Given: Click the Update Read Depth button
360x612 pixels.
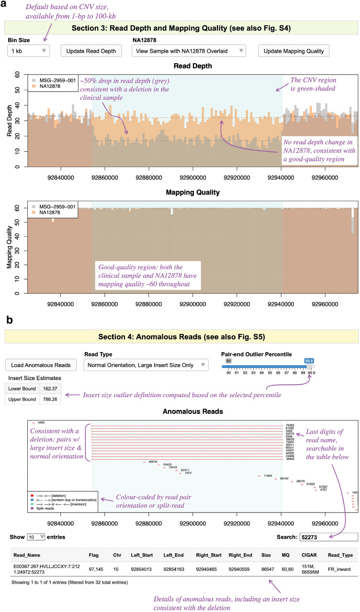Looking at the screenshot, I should tap(91, 51).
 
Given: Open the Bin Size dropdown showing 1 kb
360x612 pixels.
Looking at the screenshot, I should tap(28, 51).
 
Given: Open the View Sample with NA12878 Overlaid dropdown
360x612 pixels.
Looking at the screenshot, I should tap(189, 51).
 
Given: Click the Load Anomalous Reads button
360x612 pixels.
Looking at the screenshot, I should tap(41, 365).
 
